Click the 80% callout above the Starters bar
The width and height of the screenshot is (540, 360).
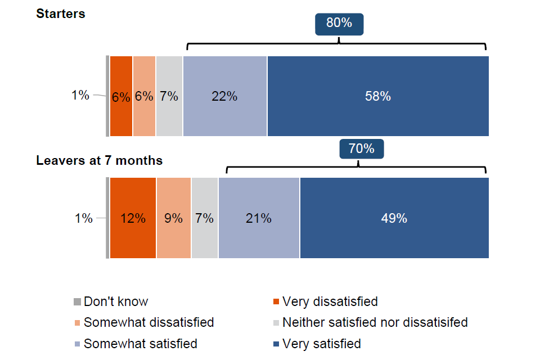point(339,24)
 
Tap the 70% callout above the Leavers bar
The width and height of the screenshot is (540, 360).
point(361,149)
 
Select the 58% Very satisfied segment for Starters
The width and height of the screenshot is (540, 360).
point(377,96)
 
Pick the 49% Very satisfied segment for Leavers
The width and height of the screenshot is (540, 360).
point(394,218)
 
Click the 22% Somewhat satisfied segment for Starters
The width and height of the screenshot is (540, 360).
point(224,96)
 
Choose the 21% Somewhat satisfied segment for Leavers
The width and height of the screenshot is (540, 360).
point(259,218)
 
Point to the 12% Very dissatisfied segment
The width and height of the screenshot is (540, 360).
point(133,218)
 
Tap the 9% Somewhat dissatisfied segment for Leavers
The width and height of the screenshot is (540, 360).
point(174,218)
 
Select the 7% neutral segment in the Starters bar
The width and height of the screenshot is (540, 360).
point(169,96)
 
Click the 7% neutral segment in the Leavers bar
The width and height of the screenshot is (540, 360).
point(204,218)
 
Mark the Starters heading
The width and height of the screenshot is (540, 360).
point(61,14)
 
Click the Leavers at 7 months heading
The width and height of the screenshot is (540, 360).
point(99,160)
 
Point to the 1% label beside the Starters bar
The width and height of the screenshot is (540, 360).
point(80,96)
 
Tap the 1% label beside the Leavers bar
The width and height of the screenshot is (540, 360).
point(83,218)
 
